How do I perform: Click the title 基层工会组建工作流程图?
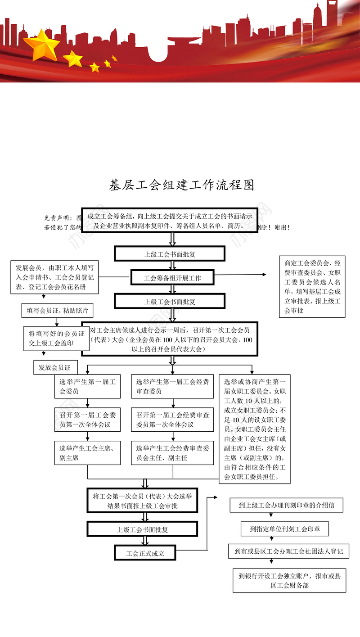pyautogui.click(x=182, y=185)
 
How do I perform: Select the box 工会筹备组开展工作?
pyautogui.click(x=172, y=278)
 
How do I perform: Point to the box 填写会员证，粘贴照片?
pyautogui.click(x=57, y=310)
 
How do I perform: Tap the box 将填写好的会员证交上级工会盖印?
pyautogui.click(x=56, y=338)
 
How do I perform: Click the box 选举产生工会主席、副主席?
pyautogui.click(x=87, y=453)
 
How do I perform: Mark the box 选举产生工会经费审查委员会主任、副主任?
pyautogui.click(x=172, y=453)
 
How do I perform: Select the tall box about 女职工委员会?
pyautogui.click(x=254, y=429)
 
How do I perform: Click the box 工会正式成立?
pyautogui.click(x=145, y=553)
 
